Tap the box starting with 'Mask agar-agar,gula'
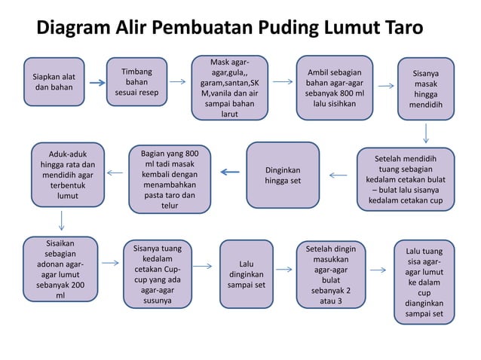coord(228,87)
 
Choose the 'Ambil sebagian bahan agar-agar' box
coord(334,87)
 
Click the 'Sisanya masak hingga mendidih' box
coord(426,90)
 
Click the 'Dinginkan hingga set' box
coord(282,175)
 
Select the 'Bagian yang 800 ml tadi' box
coord(170,178)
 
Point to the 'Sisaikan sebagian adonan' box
coord(60,269)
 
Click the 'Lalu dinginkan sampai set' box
coord(246,275)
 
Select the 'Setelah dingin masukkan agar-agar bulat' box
coord(331,274)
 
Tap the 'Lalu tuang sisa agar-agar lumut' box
coord(424,281)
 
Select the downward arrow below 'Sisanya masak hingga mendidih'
coord(426,133)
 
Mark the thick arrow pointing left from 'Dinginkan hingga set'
coord(229,172)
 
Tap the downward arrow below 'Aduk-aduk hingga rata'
coord(60,220)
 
